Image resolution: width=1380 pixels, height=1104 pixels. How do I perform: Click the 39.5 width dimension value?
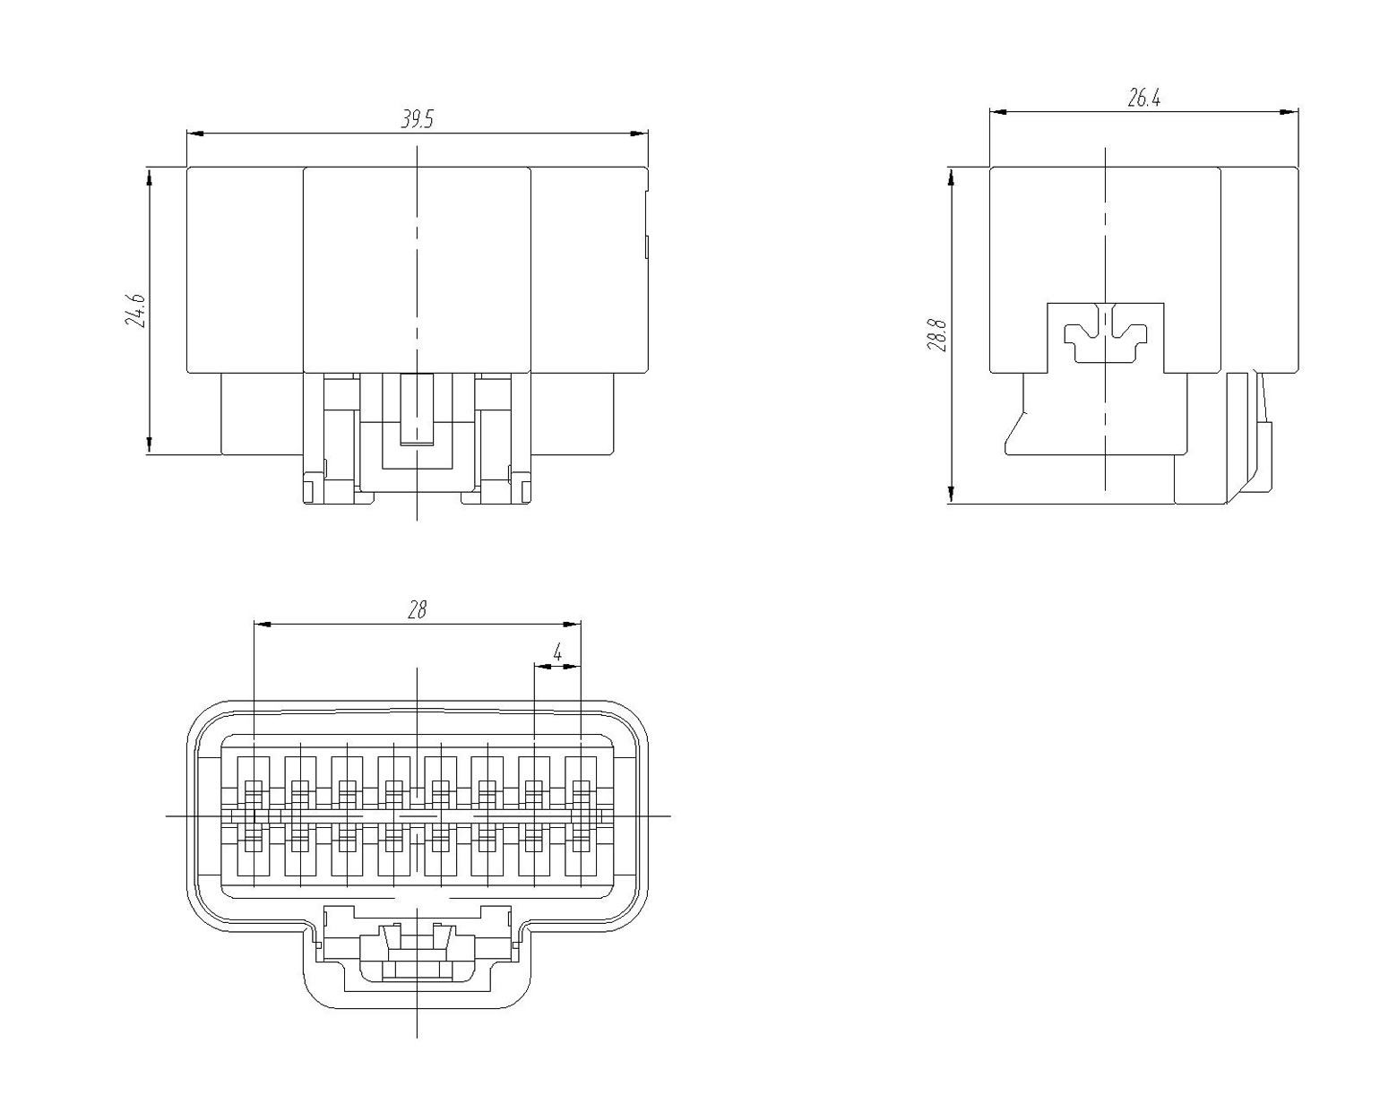(418, 119)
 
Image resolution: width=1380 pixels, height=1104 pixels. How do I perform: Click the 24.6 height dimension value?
(135, 310)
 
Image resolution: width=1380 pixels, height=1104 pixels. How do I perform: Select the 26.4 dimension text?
(1144, 99)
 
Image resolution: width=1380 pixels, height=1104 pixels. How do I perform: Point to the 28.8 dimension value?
(937, 334)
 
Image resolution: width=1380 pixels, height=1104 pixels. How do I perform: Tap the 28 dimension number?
(418, 609)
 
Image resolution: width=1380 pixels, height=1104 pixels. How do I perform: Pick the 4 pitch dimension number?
(557, 653)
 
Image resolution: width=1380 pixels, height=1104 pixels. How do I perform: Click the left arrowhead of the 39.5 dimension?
(195, 134)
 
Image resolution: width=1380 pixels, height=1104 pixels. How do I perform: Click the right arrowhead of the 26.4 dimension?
(1289, 112)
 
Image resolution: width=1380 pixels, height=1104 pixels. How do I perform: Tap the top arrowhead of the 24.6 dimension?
(150, 177)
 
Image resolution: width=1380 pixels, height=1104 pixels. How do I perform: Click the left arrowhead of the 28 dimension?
(263, 624)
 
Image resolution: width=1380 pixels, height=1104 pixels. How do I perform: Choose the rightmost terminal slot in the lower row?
(581, 850)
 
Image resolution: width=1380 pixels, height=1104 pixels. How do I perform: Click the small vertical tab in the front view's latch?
(417, 409)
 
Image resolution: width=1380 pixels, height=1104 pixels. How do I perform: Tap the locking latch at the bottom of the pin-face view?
(417, 950)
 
